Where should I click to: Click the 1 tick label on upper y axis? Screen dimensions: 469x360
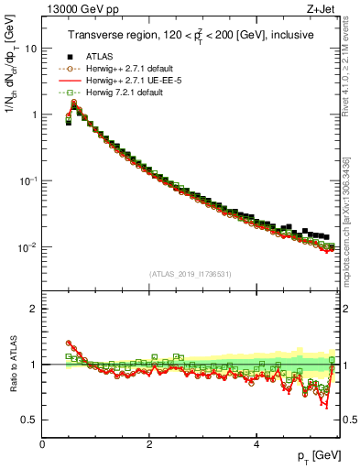[33, 115]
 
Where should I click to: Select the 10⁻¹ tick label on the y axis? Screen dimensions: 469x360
[28, 180]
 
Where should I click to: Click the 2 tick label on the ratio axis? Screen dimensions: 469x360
[33, 309]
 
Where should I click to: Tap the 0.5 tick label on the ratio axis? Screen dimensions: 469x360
[29, 420]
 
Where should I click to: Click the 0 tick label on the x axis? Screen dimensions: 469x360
[42, 443]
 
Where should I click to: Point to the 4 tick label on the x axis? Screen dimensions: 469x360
[256, 443]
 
